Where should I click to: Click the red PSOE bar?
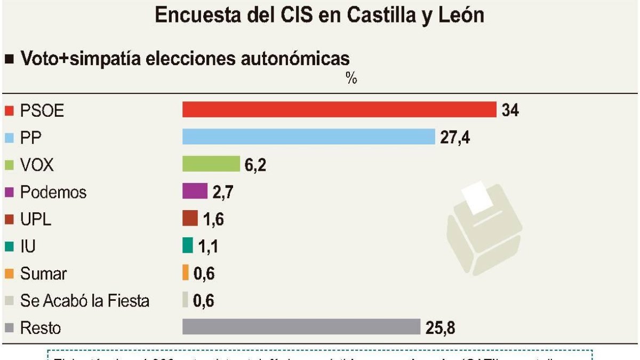click(339, 109)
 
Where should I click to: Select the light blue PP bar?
click(309, 137)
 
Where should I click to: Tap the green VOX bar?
click(211, 164)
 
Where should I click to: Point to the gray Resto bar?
click(301, 326)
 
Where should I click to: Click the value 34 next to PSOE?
click(510, 110)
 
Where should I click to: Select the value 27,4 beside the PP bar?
click(455, 137)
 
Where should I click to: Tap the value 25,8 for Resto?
click(440, 327)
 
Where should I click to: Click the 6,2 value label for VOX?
click(255, 165)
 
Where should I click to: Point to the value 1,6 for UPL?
click(213, 219)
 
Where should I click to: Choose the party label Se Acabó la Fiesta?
click(85, 301)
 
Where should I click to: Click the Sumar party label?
click(44, 274)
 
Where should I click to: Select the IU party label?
click(28, 246)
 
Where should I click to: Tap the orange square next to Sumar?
click(9, 274)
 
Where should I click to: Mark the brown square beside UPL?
click(9, 219)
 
